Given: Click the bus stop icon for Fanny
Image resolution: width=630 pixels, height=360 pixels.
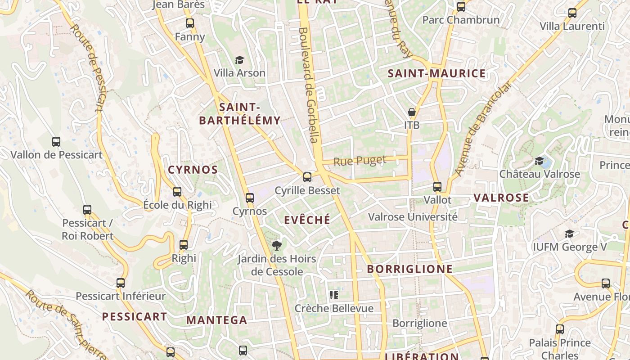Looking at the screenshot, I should click(x=190, y=23).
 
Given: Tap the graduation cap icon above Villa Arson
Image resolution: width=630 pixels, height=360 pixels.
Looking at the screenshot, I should click(x=239, y=60).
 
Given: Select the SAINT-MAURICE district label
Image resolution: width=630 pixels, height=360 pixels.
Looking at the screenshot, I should click(x=436, y=73).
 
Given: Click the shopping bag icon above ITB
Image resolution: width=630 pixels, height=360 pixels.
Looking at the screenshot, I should click(x=411, y=112).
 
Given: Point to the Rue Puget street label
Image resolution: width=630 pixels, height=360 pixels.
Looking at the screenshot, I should click(x=360, y=161).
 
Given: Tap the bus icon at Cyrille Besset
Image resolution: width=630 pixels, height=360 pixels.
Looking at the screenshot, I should click(x=307, y=177).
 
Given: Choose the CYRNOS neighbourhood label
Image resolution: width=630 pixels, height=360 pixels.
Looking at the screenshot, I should click(x=193, y=170).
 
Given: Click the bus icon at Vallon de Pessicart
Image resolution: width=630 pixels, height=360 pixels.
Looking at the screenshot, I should click(x=56, y=142).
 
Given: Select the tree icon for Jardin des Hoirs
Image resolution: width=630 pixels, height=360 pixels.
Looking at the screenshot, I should click(x=277, y=245).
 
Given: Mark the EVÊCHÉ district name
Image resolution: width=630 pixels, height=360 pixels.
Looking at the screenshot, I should click(x=307, y=220).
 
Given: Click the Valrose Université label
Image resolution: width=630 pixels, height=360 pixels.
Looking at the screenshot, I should click(x=413, y=217).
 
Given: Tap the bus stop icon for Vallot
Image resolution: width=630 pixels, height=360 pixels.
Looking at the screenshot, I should click(x=437, y=187).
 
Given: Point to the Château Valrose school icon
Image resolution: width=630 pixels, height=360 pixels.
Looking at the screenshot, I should click(x=539, y=161).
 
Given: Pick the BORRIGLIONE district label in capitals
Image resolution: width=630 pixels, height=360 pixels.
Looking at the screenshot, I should click(x=409, y=269).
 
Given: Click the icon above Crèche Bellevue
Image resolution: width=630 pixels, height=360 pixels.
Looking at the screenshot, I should click(x=334, y=295).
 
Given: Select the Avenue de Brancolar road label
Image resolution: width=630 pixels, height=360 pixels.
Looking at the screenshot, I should click(x=484, y=128).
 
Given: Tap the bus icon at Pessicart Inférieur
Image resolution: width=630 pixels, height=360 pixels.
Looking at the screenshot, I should click(x=121, y=283).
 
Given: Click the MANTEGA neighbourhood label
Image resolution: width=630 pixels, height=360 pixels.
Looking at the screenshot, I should click(x=216, y=320).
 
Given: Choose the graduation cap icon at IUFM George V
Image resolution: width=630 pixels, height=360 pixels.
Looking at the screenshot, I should click(x=569, y=234).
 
